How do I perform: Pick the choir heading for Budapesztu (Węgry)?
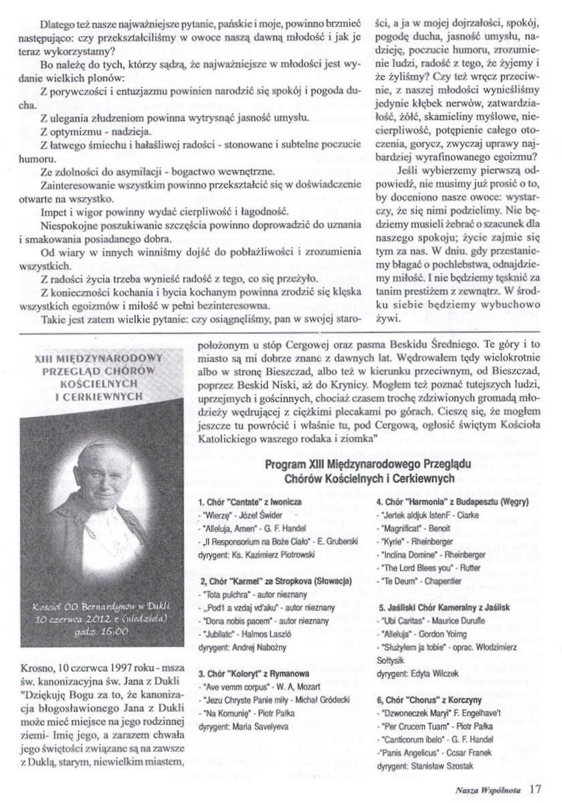[x=452, y=501]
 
